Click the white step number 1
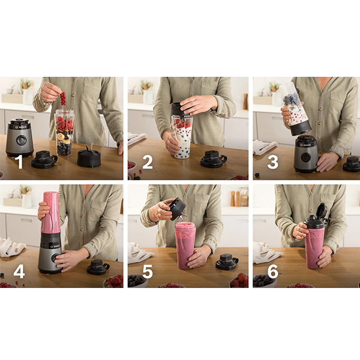[20, 162]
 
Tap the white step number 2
[148, 162]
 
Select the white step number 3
[273, 162]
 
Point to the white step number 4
[19, 272]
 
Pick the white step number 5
[148, 272]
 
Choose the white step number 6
[273, 272]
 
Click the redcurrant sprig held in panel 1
[62, 98]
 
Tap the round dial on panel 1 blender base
[22, 139]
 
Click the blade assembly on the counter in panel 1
[88, 156]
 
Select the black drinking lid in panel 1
[44, 160]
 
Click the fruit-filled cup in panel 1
[64, 133]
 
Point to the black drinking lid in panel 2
[213, 159]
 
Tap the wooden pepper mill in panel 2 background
[245, 101]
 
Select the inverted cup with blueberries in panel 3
[295, 109]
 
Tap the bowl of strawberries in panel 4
[113, 281]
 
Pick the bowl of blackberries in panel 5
[137, 281]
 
